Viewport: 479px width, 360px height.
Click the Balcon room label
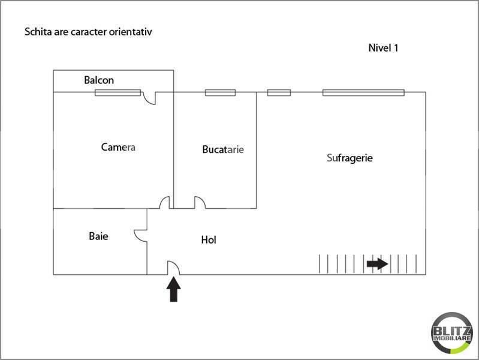[x=99, y=80]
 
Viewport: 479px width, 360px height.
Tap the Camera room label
[x=118, y=147]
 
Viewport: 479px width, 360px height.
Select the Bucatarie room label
[x=223, y=149]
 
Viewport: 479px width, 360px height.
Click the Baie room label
[x=98, y=236]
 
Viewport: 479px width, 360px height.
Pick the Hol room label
[x=209, y=240]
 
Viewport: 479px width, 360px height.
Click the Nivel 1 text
[x=383, y=48]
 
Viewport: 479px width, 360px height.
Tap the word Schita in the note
[x=37, y=32]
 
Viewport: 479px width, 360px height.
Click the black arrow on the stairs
[x=377, y=263]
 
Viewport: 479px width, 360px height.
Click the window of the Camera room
[x=118, y=92]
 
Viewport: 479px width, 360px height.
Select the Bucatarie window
[x=220, y=92]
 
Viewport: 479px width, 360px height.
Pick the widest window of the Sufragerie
[x=363, y=92]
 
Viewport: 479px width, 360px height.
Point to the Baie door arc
[x=140, y=235]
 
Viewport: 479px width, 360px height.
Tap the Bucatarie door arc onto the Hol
[x=200, y=203]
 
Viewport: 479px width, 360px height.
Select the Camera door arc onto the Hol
[x=164, y=203]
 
